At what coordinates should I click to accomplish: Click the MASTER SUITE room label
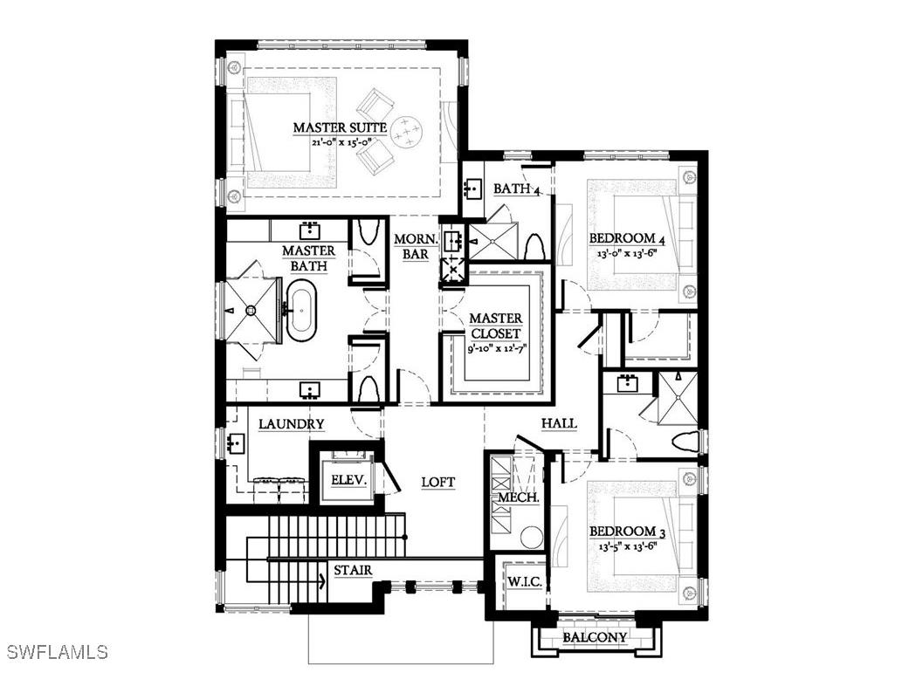340,127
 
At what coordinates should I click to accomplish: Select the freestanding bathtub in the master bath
301,310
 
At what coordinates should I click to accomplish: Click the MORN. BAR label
410,246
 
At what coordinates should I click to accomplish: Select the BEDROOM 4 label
622,238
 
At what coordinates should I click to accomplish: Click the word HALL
559,423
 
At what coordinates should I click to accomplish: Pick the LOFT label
438,482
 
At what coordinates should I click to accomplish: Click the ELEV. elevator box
347,481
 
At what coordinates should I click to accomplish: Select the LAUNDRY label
292,424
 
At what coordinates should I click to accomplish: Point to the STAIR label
353,571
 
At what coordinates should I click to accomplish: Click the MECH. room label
518,497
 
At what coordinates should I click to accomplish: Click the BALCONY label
594,637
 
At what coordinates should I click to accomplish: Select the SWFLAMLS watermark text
57,652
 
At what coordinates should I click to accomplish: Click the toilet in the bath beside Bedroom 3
685,441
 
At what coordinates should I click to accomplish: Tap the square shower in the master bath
250,309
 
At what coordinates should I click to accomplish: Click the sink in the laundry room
234,444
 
